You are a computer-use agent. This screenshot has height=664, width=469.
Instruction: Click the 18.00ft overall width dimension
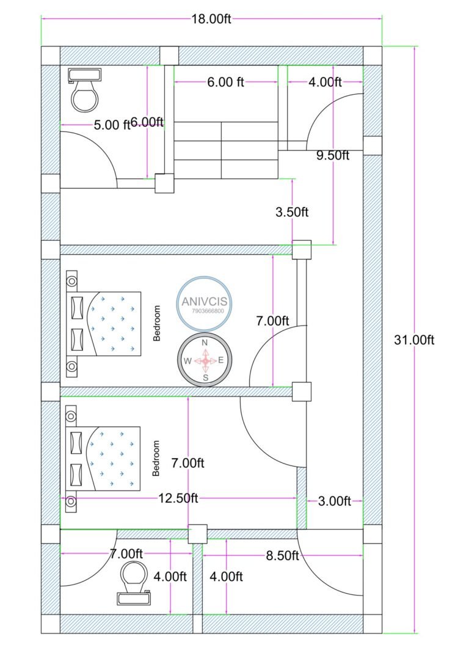pos(211,19)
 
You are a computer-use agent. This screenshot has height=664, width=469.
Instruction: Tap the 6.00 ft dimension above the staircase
pos(226,82)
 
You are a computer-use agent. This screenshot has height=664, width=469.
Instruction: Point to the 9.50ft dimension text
pos(332,155)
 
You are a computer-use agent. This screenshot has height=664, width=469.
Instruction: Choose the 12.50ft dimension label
pos(178,498)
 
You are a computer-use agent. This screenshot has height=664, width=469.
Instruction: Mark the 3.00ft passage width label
pos(335,502)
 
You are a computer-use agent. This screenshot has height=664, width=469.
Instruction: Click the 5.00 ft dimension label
pos(112,125)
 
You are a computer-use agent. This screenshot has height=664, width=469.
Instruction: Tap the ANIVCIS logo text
pos(203,301)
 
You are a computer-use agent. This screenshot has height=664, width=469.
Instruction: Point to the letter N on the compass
pos(205,343)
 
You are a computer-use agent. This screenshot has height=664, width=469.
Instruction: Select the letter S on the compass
pos(206,378)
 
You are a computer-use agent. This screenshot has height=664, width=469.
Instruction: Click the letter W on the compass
pos(187,361)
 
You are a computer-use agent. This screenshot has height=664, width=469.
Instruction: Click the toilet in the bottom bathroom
pos(134,583)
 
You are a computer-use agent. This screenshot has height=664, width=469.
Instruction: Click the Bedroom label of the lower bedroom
pos(156,458)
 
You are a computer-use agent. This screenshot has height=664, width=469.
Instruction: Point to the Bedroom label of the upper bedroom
pos(157,323)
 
